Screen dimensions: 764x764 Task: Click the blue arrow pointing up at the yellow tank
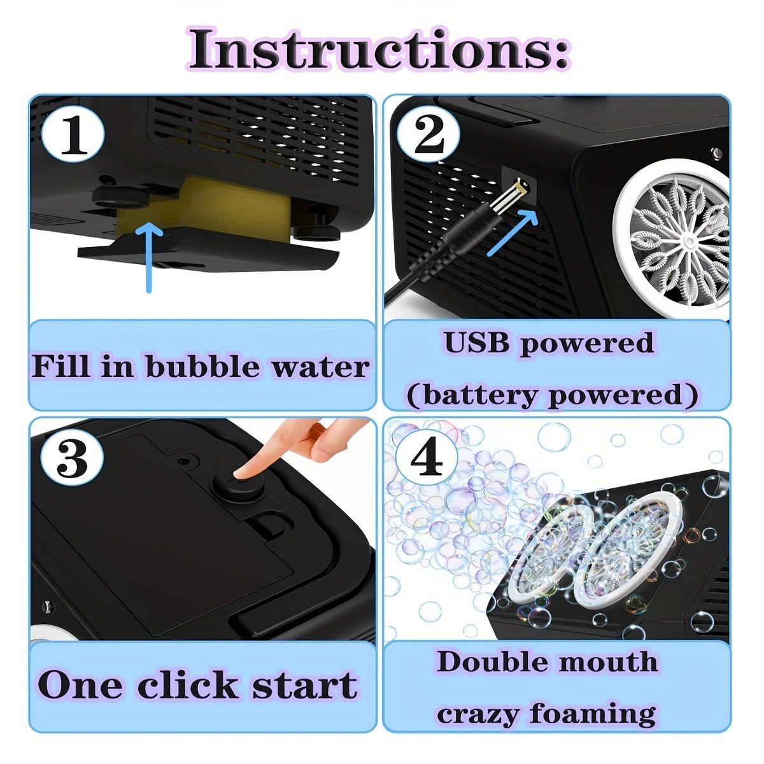pyautogui.click(x=149, y=258)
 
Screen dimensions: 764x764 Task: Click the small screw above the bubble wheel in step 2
pyautogui.click(x=716, y=153)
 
